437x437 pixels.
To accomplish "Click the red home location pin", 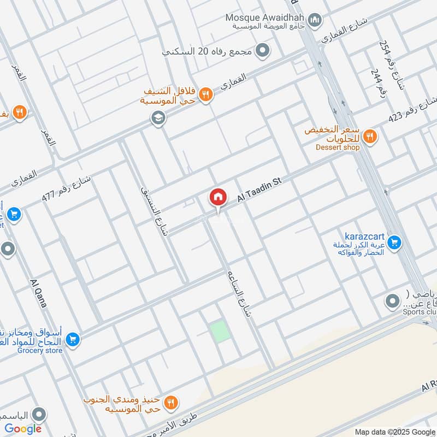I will click(x=217, y=197).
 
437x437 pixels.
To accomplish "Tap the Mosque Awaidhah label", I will click(x=265, y=17).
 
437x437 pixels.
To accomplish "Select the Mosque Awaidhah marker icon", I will click(x=315, y=21).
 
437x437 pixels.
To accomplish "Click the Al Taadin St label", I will click(x=258, y=191).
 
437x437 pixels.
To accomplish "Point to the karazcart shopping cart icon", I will click(x=395, y=241).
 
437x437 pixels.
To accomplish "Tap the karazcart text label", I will click(x=365, y=237).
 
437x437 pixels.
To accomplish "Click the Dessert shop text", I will click(x=338, y=147).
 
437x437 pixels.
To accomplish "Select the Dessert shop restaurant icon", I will click(x=370, y=135).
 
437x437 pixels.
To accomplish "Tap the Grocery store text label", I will click(x=39, y=351).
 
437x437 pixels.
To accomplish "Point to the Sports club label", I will click(x=421, y=312).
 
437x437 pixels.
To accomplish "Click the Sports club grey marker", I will click(x=392, y=301).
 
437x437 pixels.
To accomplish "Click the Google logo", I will click(x=23, y=429).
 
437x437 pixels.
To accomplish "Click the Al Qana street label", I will click(x=38, y=292).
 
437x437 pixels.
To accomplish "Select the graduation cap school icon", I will click(x=158, y=117).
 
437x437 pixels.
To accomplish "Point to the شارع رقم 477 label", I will click(x=67, y=190).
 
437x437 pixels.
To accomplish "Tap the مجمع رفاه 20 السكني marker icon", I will click(x=263, y=51).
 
